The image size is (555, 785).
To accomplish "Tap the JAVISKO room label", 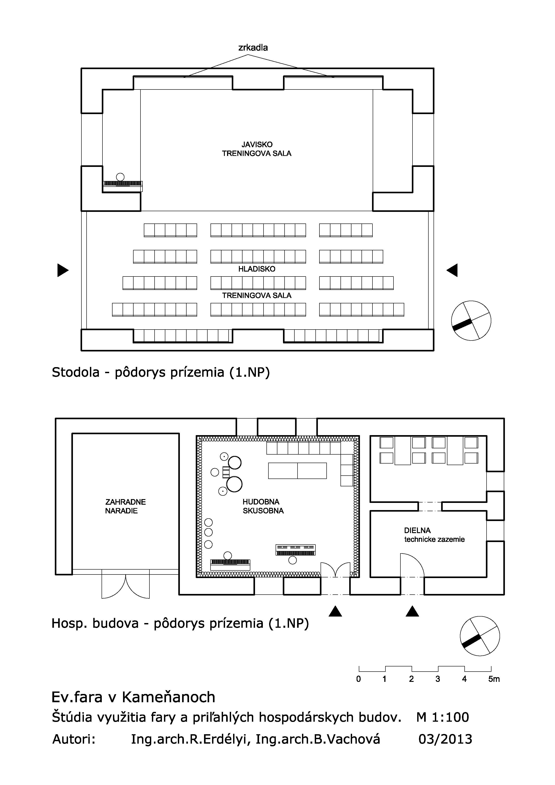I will pos(257,145).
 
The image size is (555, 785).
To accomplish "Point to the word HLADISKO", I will pos(257,269).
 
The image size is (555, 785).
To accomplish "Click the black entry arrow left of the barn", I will pos(63,270).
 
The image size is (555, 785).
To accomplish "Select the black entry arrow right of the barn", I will pos(452,270).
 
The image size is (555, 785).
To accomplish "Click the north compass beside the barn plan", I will pos(471,321).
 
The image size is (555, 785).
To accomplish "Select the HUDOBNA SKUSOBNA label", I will pos(263,506).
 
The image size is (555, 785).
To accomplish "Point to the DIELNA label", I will pos(417,531).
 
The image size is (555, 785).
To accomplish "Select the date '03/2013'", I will pos(445,739).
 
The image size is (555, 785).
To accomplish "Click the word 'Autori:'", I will pos(74,739).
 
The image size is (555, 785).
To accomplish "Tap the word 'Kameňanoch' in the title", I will pos(169,697).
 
